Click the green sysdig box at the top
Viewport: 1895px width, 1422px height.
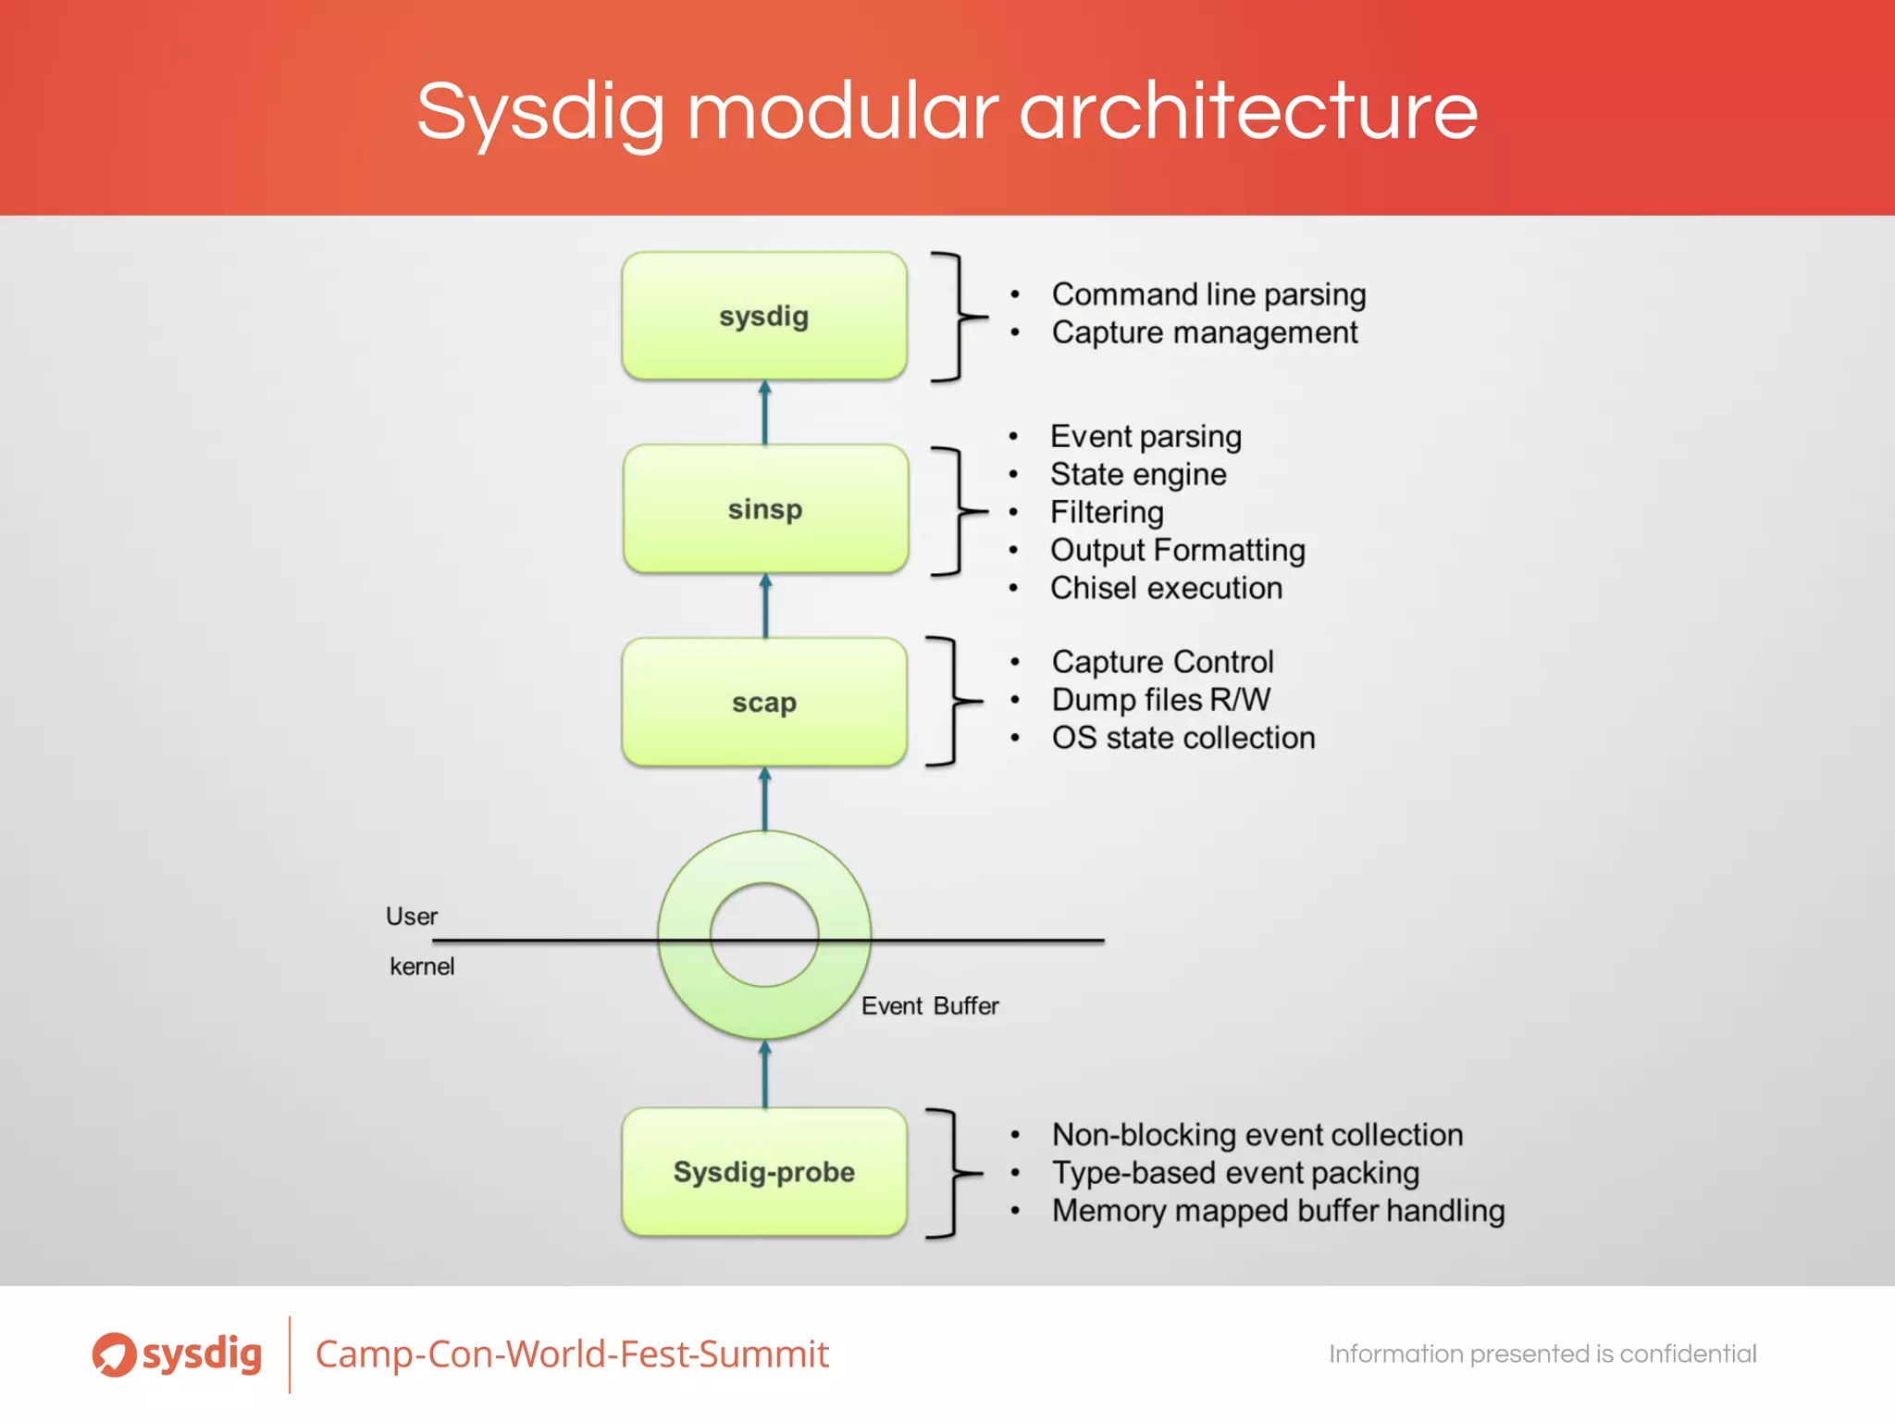click(x=764, y=316)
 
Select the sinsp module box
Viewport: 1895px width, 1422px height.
click(x=765, y=509)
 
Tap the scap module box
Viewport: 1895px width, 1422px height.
click(x=764, y=702)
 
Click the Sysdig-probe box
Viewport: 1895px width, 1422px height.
click(x=764, y=1172)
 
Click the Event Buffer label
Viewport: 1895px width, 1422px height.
click(x=930, y=1006)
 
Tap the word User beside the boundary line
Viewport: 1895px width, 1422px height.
click(x=412, y=917)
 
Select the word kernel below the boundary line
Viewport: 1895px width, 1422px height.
click(x=422, y=967)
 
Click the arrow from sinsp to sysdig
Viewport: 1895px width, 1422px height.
click(x=765, y=413)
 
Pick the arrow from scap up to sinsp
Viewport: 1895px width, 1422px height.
click(x=765, y=605)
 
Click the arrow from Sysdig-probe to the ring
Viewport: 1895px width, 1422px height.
click(x=765, y=1074)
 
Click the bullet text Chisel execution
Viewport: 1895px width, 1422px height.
click(x=1166, y=588)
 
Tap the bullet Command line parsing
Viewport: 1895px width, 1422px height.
click(x=1208, y=294)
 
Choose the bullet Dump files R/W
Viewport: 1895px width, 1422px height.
click(x=1161, y=700)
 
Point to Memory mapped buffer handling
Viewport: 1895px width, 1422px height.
click(x=1278, y=1211)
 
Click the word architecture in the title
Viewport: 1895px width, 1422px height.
click(x=1248, y=111)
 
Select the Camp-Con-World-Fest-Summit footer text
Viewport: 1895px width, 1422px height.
click(x=572, y=1354)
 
